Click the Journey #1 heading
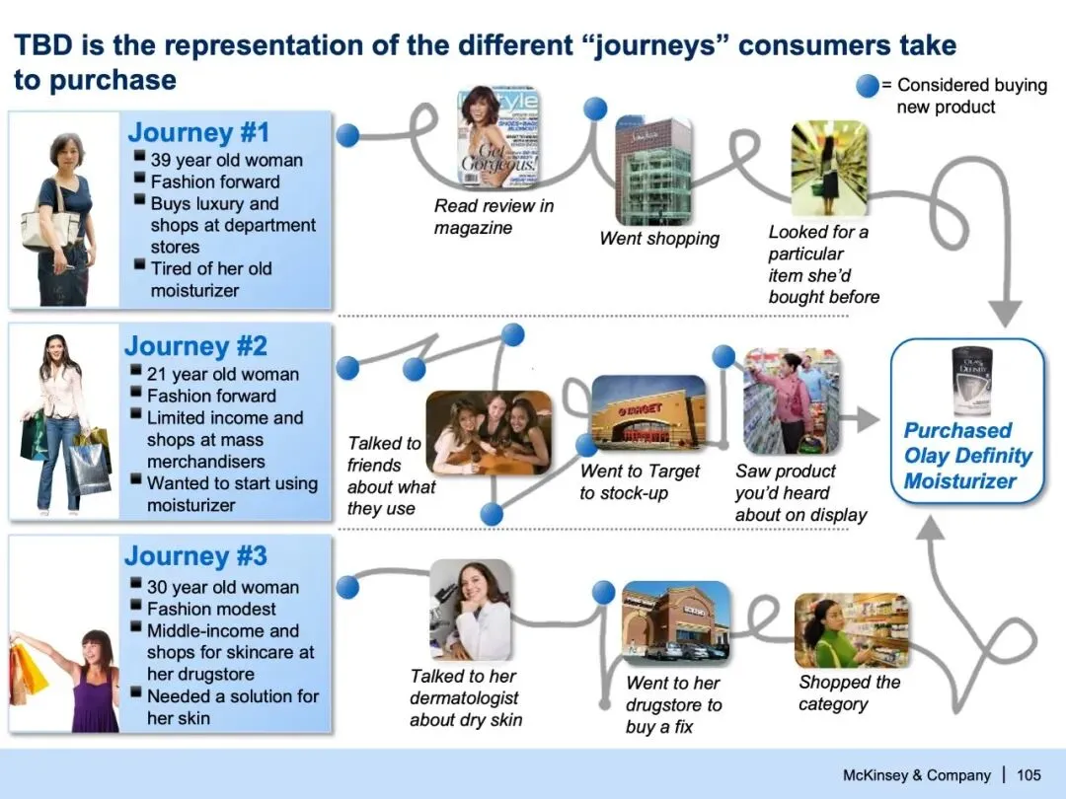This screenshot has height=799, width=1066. tap(198, 132)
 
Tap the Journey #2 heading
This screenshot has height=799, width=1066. tap(195, 346)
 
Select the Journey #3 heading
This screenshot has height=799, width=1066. tap(195, 556)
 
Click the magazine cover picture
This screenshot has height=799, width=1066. tap(497, 135)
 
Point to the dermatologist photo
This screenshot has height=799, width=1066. tap(471, 610)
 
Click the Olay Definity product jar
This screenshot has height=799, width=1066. tap(971, 381)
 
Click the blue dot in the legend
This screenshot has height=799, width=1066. tap(867, 86)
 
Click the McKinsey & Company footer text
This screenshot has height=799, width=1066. tap(917, 774)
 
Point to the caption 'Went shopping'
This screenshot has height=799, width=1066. tap(659, 239)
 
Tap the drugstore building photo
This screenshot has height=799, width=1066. tap(676, 621)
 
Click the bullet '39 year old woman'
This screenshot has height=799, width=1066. tap(226, 160)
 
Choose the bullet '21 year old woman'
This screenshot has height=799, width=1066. tap(222, 374)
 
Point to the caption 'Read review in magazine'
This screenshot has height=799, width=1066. tap(494, 217)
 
